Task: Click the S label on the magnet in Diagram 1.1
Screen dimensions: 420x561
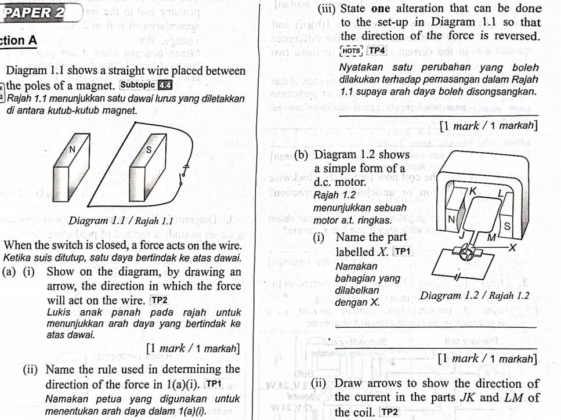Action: pos(147,150)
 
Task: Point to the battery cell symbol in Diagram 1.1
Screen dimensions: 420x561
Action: pos(186,166)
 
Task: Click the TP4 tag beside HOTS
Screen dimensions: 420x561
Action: pos(377,51)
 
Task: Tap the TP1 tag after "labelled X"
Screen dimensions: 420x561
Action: pos(401,251)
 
